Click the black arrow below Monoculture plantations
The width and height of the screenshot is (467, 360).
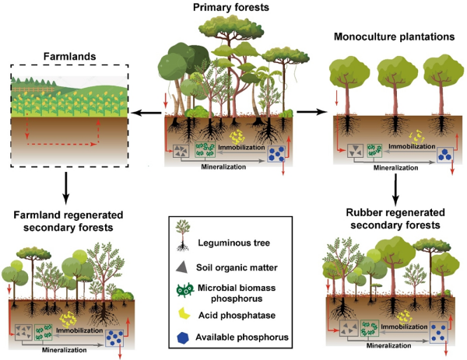tap(395, 185)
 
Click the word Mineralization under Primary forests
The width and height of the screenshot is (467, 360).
tap(225, 166)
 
